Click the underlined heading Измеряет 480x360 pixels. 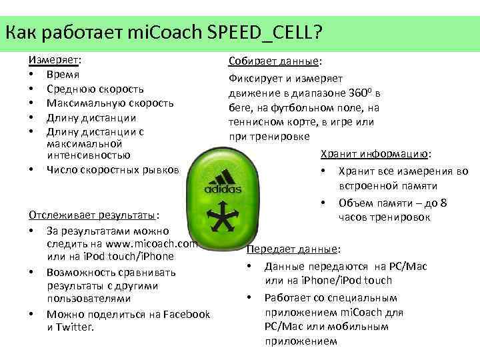tap(53, 59)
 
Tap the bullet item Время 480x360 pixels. tap(63, 74)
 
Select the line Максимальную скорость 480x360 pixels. tap(110, 103)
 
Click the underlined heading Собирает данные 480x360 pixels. tap(273, 61)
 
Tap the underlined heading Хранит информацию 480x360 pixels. tap(375, 154)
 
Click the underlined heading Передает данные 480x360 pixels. tap(293, 250)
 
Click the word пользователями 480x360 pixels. tap(84, 299)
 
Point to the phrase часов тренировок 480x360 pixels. tap(384, 217)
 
